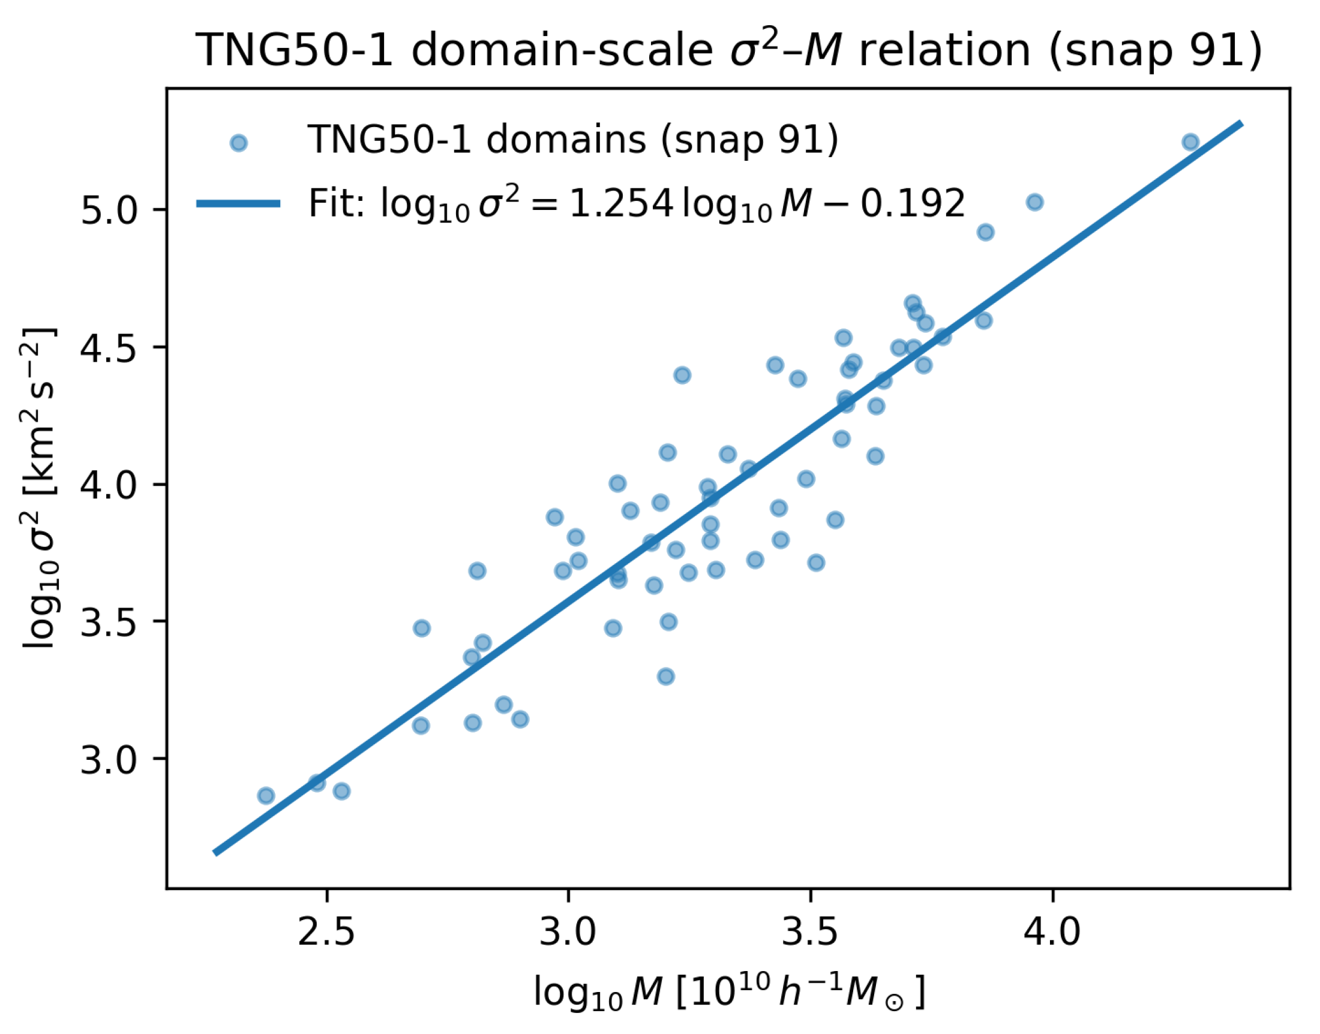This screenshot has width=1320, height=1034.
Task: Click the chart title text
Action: click(x=729, y=50)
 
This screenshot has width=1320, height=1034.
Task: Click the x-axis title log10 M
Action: click(x=729, y=991)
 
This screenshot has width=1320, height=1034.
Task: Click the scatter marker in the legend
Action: click(x=239, y=143)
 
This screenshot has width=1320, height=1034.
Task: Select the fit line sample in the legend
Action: click(x=239, y=204)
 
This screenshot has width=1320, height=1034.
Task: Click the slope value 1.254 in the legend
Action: click(x=622, y=204)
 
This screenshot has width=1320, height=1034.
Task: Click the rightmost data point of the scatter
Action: click(x=1190, y=142)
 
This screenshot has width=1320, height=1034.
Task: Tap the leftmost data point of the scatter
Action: click(x=266, y=795)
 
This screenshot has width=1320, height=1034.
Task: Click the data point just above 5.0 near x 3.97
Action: click(x=1035, y=202)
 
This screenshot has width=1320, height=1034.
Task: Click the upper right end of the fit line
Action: click(x=1241, y=124)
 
